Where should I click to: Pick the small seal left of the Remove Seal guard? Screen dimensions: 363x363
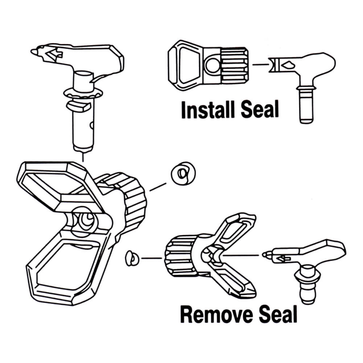point(131,258)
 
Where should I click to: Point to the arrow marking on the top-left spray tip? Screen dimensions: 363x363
point(53,54)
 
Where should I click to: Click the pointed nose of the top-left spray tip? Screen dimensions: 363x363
point(34,52)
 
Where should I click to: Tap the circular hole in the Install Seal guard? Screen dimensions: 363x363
point(211,66)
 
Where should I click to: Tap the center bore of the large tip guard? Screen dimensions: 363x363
point(86,220)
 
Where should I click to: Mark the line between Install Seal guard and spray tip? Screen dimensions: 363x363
point(260,65)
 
